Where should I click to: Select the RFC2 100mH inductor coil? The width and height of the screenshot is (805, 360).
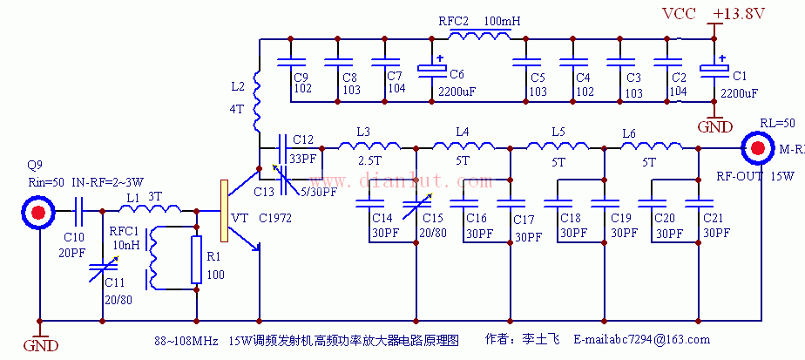tap(479, 37)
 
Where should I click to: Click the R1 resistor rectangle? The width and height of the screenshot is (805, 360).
tap(197, 259)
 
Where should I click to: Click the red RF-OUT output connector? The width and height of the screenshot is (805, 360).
tap(757, 148)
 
